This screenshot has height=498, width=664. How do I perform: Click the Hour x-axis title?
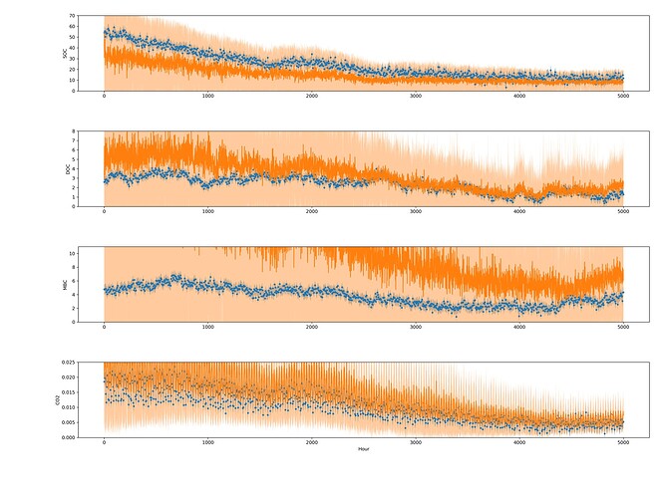[363, 449]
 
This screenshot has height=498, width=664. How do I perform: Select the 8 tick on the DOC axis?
[76, 131]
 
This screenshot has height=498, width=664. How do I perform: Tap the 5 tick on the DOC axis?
[76, 159]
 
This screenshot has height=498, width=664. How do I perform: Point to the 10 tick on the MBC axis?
[74, 253]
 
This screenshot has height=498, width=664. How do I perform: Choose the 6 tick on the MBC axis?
[76, 281]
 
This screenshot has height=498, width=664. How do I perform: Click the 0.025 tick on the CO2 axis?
[68, 363]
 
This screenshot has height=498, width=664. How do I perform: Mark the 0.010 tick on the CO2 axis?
[68, 407]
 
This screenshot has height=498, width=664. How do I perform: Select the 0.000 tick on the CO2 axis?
[68, 437]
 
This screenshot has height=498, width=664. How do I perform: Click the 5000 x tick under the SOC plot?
[623, 97]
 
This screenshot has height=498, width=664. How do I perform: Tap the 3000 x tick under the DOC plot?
[415, 212]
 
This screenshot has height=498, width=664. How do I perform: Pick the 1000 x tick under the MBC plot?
[207, 328]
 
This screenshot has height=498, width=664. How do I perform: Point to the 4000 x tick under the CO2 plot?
[519, 442]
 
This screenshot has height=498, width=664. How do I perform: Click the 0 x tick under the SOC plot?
[104, 97]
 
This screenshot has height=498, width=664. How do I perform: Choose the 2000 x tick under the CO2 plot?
[311, 442]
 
